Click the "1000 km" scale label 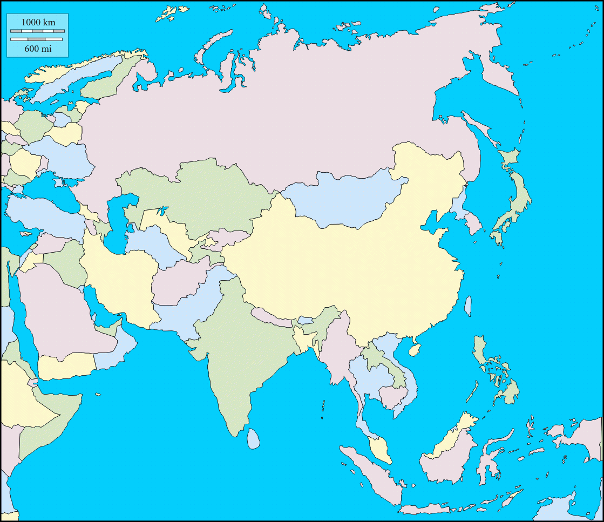[38, 23]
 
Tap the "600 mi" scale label [38, 49]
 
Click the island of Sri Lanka [253, 438]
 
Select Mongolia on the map [340, 200]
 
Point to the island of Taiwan [469, 306]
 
